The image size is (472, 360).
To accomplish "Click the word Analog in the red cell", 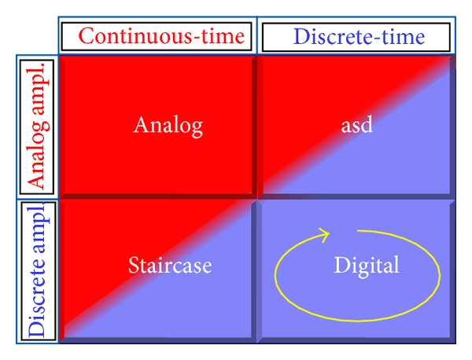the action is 168,127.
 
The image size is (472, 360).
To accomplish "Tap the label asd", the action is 356,124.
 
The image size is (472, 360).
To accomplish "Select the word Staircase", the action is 170,265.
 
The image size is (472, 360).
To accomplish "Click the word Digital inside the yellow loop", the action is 367,266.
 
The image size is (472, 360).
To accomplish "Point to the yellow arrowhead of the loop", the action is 324,234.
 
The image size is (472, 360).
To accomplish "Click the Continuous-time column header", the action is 161,36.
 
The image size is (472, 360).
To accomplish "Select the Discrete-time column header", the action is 359,37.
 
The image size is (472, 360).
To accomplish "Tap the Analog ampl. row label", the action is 39,127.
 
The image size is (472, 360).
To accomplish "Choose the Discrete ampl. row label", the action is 39,270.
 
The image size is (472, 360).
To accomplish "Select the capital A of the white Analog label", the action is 142,124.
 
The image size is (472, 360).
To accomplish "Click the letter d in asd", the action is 367,124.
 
